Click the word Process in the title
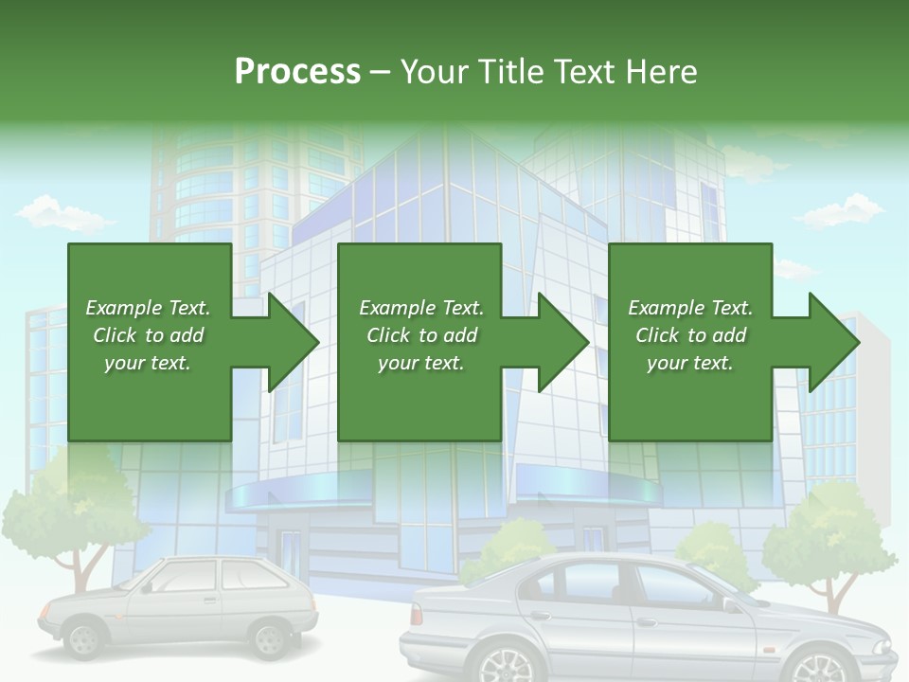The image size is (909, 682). coord(297,72)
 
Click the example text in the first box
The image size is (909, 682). coord(148,335)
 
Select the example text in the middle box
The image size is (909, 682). coord(421,335)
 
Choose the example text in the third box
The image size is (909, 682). coord(690,335)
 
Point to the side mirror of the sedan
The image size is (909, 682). coord(730,603)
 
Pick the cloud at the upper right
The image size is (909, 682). coord(840,210)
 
